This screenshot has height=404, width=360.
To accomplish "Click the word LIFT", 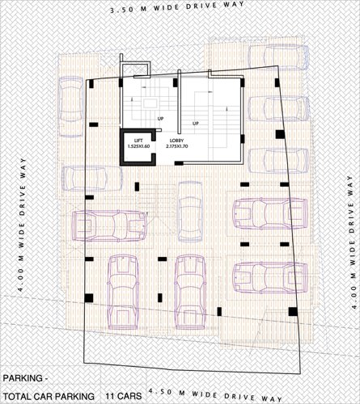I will point(138,141).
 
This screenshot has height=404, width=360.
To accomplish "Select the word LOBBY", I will point(176,141).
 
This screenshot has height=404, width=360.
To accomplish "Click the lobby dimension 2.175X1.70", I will point(178,147).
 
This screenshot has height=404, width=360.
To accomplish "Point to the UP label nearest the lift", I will point(161,119).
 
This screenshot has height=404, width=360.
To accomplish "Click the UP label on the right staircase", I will point(196,123).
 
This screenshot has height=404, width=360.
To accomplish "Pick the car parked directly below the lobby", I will point(190,208).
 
